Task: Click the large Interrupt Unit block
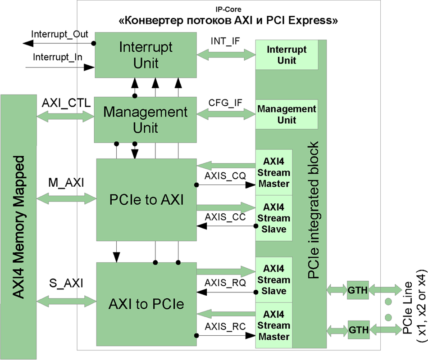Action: (x=146, y=54)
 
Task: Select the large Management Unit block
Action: (x=146, y=120)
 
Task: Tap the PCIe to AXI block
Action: (x=146, y=199)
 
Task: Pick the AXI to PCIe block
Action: (x=146, y=304)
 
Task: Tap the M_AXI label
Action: (x=66, y=183)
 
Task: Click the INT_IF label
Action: (x=225, y=41)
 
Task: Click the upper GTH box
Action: (x=357, y=288)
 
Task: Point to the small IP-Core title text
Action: (x=229, y=9)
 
